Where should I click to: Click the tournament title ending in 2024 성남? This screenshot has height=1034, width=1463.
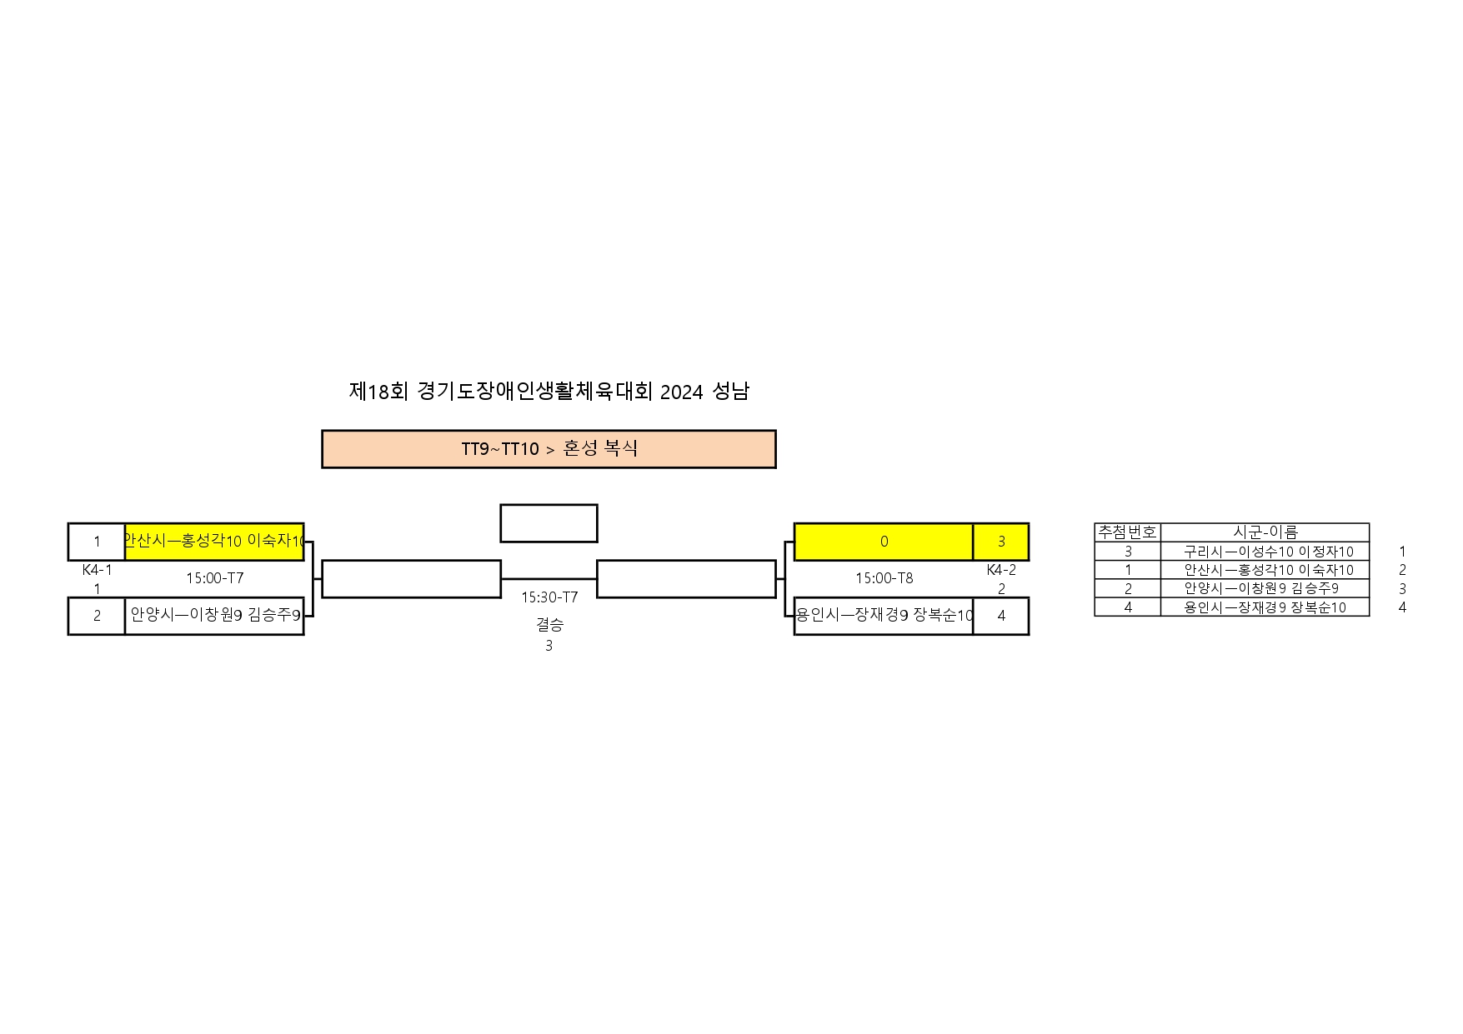pyautogui.click(x=549, y=391)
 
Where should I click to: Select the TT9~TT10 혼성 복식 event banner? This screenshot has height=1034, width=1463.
pyautogui.click(x=549, y=449)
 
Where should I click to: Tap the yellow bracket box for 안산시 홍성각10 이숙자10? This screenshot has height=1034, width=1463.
pyautogui.click(x=214, y=542)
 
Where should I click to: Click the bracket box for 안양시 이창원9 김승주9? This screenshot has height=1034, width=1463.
pyautogui.click(x=214, y=616)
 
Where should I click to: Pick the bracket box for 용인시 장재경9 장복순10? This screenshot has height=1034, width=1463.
pyautogui.click(x=884, y=616)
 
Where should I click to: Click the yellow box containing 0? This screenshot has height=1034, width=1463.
pyautogui.click(x=884, y=542)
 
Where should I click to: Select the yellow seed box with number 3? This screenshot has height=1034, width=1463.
pyautogui.click(x=1001, y=542)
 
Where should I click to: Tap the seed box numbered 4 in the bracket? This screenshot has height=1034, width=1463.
pyautogui.click(x=1001, y=616)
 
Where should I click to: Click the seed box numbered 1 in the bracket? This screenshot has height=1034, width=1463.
pyautogui.click(x=97, y=542)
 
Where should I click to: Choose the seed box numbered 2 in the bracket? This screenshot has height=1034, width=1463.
pyautogui.click(x=97, y=616)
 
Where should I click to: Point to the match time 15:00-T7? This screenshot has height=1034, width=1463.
pyautogui.click(x=215, y=577)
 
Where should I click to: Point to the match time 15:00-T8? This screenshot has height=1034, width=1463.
pyautogui.click(x=884, y=577)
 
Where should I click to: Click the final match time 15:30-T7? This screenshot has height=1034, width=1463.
pyautogui.click(x=549, y=597)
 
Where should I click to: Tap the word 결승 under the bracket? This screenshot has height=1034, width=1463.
pyautogui.click(x=549, y=623)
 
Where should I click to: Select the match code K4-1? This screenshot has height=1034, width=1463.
pyautogui.click(x=97, y=570)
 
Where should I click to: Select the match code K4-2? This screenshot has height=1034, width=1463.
pyautogui.click(x=1001, y=570)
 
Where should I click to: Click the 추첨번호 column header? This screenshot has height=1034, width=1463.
pyautogui.click(x=1128, y=532)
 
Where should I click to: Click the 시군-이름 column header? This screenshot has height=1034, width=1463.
pyautogui.click(x=1265, y=532)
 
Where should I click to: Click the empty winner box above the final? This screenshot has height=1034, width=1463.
pyautogui.click(x=549, y=523)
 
